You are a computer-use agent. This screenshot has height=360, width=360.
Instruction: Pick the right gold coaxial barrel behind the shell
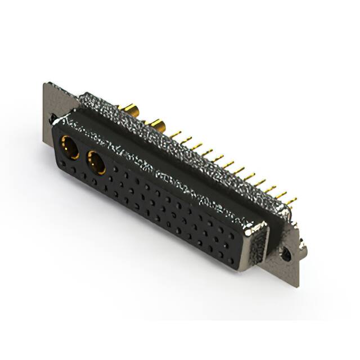(x=156, y=125)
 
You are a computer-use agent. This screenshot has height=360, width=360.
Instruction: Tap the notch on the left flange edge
(x=52, y=119)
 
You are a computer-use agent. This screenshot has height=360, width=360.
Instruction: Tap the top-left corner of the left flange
(x=45, y=84)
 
